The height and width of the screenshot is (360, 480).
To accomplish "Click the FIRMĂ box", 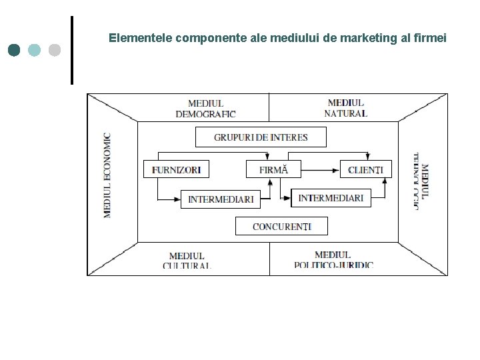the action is (x=273, y=169).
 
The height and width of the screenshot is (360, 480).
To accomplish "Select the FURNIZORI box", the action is (x=176, y=169).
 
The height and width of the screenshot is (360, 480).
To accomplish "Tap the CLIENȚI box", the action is (x=365, y=169).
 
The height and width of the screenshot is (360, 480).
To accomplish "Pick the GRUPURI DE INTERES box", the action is (x=261, y=137).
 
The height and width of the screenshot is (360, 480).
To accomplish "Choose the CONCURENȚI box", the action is (x=282, y=227).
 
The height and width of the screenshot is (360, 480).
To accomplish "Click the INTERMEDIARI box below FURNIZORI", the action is (x=221, y=199).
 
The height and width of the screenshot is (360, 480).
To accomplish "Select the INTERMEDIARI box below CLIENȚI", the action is (x=331, y=198).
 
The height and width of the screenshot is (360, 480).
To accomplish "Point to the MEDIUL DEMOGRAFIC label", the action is (x=205, y=108).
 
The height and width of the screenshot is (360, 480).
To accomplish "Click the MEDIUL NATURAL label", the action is (x=345, y=108).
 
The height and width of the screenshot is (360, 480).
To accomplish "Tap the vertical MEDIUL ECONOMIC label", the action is (x=107, y=175).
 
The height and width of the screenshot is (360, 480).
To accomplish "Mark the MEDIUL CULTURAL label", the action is (x=187, y=260).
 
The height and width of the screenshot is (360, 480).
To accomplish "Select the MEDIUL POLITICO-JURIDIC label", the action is (x=333, y=259).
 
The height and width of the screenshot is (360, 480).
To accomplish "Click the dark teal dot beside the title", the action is (x=15, y=50).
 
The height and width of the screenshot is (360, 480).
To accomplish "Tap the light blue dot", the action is (x=35, y=50).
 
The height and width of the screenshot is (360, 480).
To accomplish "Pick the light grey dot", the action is (x=55, y=50).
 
